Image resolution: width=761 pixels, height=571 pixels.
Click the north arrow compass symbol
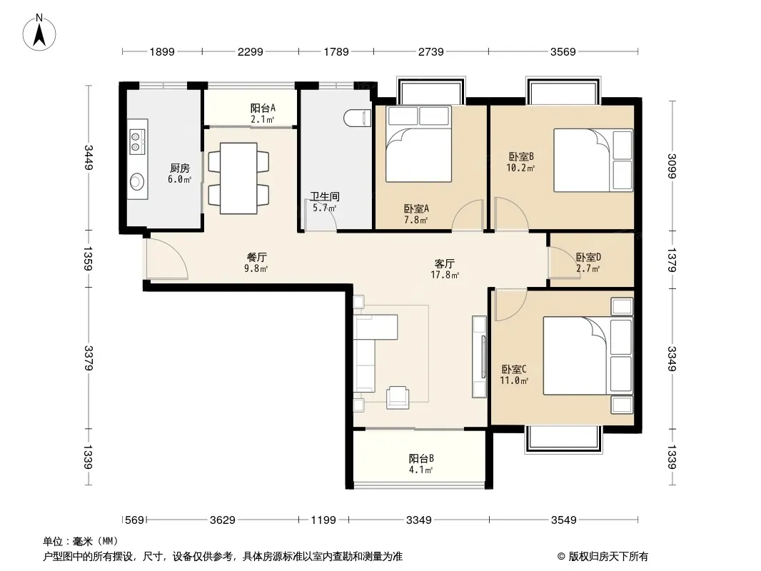tap(39, 33)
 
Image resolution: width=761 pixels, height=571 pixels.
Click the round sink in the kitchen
tap(137, 181)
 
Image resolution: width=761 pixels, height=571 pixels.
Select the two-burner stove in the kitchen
tap(136, 141)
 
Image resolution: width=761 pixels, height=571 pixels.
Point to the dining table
tap(238, 178)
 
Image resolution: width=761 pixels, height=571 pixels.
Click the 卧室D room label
tap(588, 257)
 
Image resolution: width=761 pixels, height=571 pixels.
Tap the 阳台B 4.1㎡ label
tap(421, 464)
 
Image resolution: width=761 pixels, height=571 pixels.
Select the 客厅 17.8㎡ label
tap(445, 269)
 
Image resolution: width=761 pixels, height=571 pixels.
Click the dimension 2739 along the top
tap(431, 51)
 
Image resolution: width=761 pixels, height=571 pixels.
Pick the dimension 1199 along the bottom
tap(323, 520)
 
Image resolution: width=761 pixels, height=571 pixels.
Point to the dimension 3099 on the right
tap(671, 166)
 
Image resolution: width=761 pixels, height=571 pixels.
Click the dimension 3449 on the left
tap(88, 157)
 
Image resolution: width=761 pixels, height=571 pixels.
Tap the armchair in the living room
tap(398, 397)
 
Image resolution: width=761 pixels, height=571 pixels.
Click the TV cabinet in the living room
tap(479, 357)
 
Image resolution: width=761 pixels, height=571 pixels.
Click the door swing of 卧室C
tap(510, 305)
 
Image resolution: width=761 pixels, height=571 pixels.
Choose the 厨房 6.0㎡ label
tap(180, 173)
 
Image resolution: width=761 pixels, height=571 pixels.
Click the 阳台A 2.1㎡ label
tap(263, 113)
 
